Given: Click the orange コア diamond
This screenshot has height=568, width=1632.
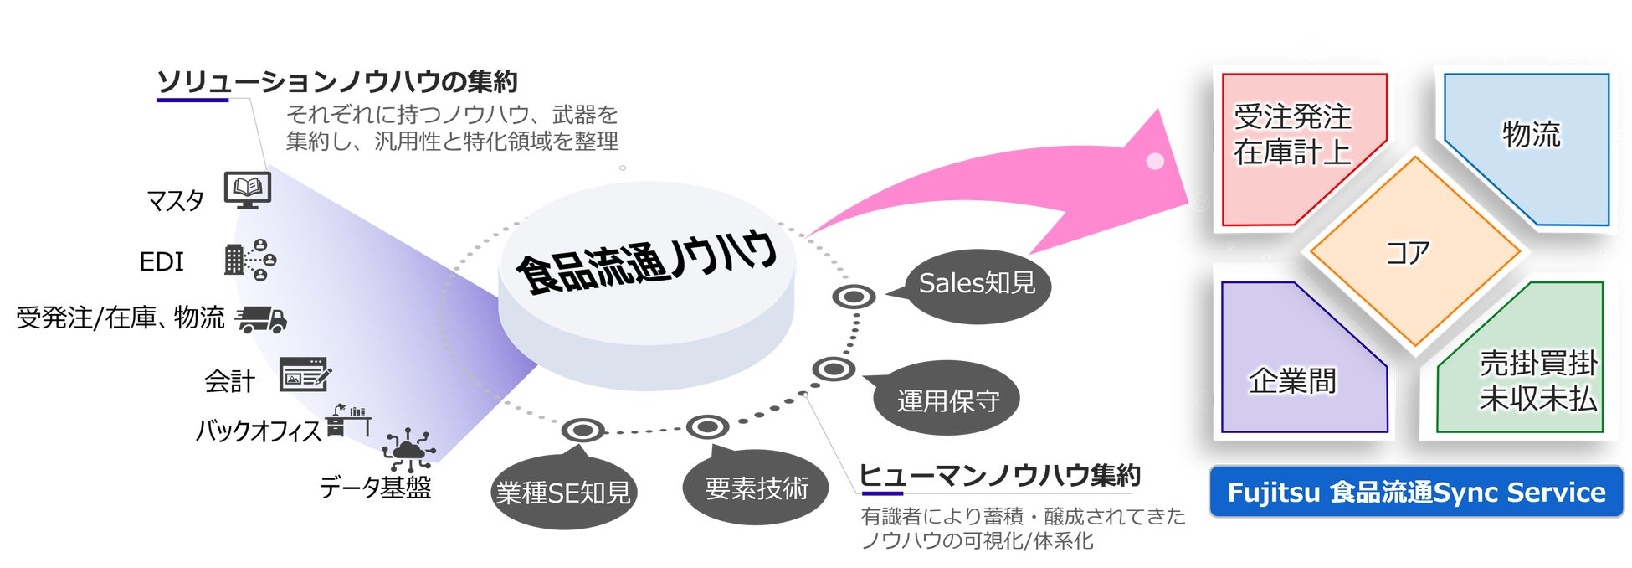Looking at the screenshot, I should coord(1414,251).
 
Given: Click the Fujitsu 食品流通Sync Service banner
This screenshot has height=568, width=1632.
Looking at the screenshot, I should coord(1416,492).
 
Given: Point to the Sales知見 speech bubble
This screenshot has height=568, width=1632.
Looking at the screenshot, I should coord(977,285).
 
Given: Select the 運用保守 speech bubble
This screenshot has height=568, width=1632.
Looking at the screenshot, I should coord(947,400).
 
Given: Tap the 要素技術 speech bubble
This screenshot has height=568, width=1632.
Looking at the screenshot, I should coord(756,488).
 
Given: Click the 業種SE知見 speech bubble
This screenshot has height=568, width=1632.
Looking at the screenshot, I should coord(562,493).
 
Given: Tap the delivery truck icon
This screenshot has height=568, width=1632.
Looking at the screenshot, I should coord(262,318).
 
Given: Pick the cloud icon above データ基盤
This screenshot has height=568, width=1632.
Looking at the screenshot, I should coord(408,451).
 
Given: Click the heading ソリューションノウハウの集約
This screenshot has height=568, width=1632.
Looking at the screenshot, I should coord(337,82).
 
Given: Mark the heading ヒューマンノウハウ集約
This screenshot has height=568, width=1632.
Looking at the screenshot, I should coord(1000,476).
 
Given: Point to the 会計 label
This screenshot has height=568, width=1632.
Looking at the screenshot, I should coord(229,381).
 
